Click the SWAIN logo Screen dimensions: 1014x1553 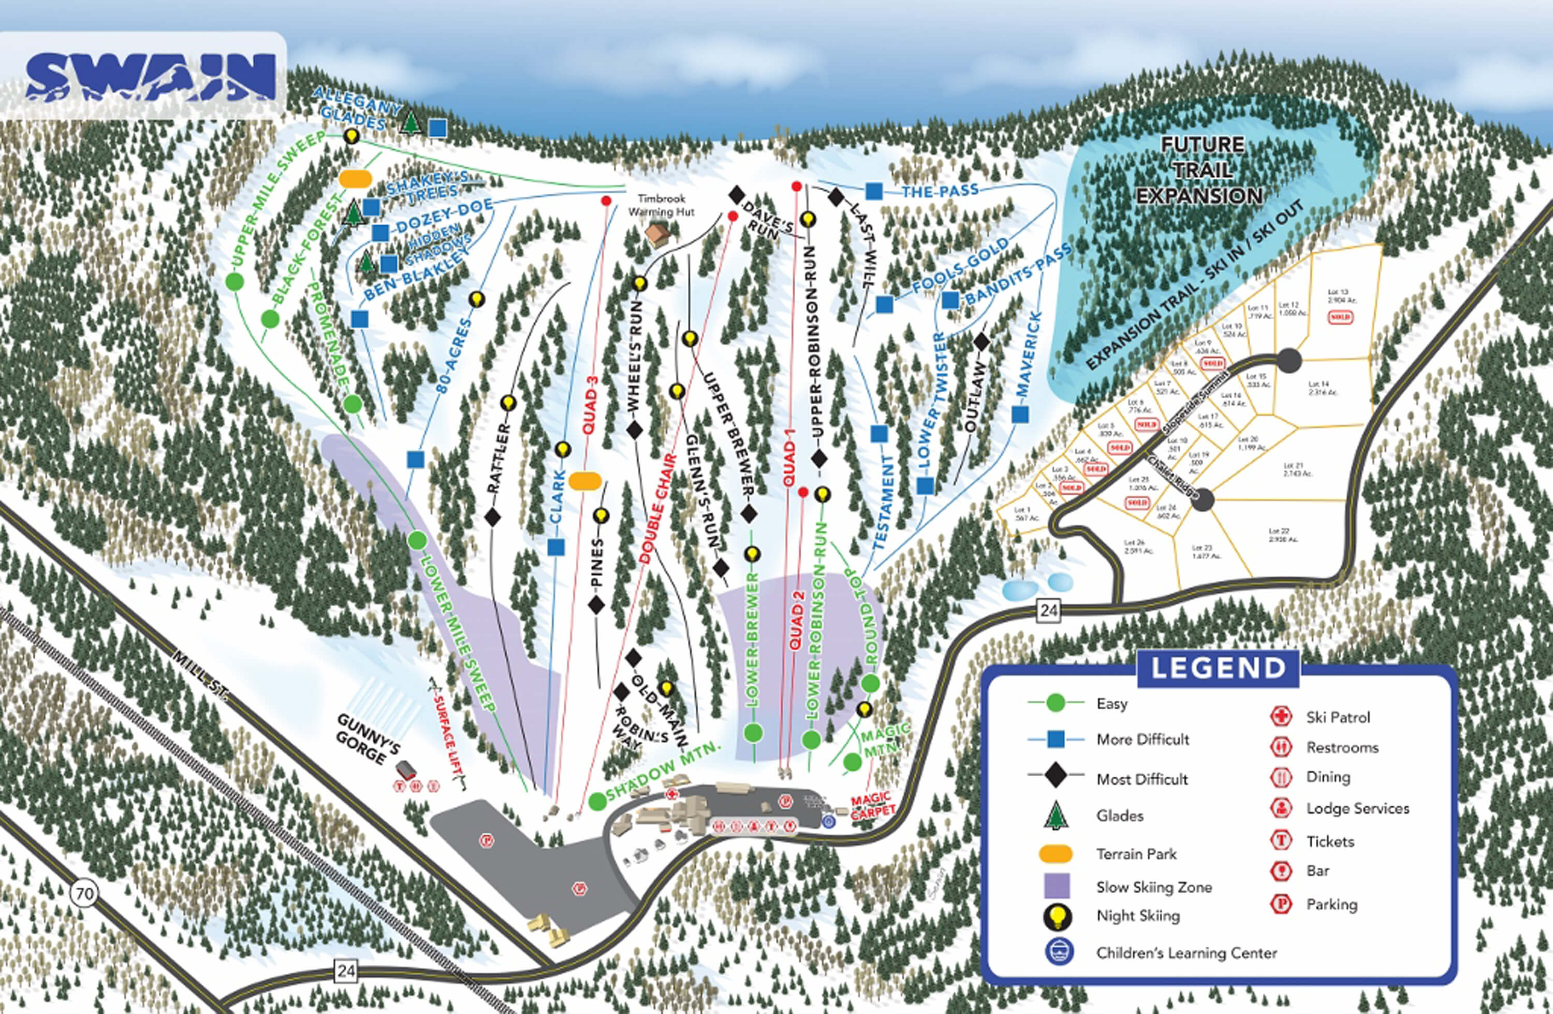150,77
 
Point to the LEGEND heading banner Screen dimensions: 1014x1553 1218,668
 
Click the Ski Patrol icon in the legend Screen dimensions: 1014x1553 1281,716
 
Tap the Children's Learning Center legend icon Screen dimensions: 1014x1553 1055,953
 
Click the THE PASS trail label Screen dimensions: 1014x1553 940,191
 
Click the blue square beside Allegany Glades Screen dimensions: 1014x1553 438,127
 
